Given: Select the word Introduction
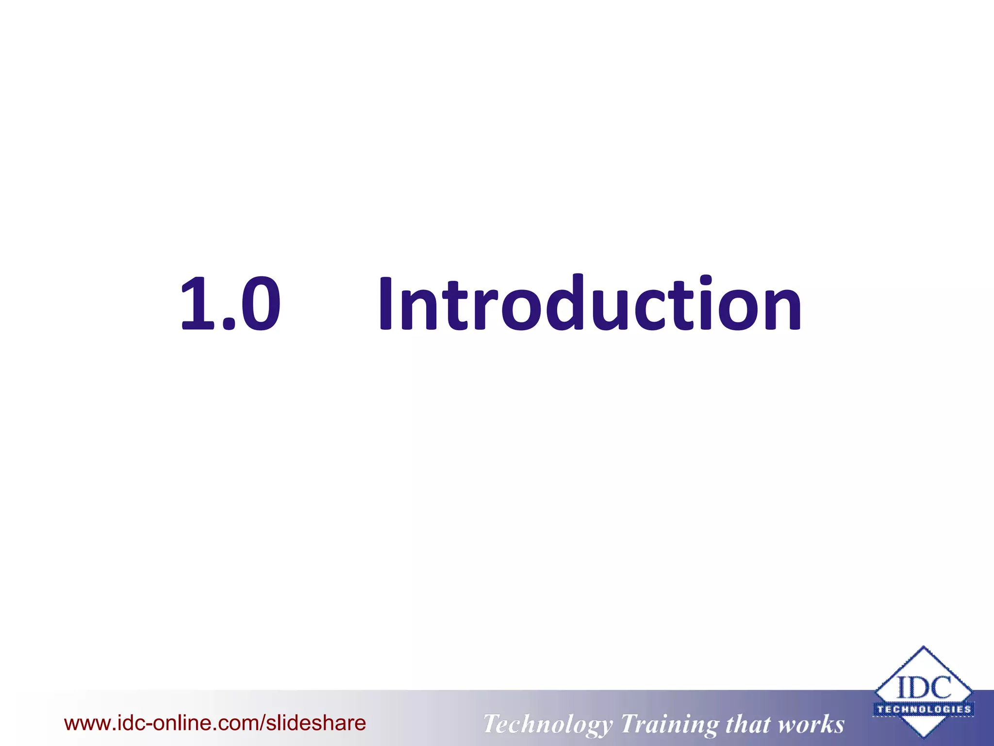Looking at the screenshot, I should pyautogui.click(x=589, y=304).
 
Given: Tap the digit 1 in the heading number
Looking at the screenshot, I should pyautogui.click(x=199, y=304).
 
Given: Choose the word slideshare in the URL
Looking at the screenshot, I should pyautogui.click(x=316, y=723).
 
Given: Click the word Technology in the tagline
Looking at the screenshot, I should pyautogui.click(x=547, y=725).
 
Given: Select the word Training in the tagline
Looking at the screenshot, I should pyautogui.click(x=670, y=725).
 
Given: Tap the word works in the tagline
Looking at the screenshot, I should pyautogui.click(x=812, y=724).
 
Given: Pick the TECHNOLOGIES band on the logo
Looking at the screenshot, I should pyautogui.click(x=924, y=709).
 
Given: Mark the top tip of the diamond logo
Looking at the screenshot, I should pyautogui.click(x=924, y=647).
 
